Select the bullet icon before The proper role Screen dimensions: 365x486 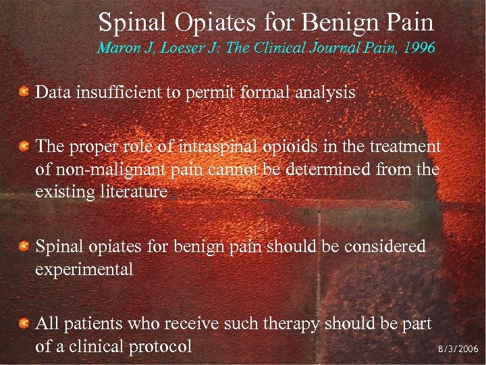[x=24, y=147]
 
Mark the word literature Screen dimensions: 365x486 [x=134, y=191]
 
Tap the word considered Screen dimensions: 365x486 [x=387, y=246]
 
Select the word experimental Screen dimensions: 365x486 [x=84, y=269]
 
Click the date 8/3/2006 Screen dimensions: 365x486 [x=457, y=349]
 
